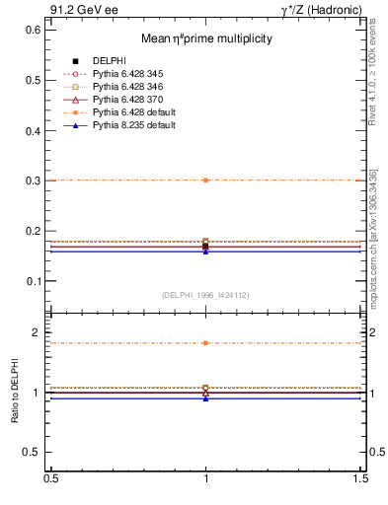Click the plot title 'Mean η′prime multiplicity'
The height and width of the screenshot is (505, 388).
205,38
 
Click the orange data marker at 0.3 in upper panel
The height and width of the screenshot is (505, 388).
205,180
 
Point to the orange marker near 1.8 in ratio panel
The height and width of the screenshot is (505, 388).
205,343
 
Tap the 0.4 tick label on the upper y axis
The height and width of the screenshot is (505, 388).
34,131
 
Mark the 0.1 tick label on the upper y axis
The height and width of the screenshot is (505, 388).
34,281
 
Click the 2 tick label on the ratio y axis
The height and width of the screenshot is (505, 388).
38,333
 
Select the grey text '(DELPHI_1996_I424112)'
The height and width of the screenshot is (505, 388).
205,295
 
